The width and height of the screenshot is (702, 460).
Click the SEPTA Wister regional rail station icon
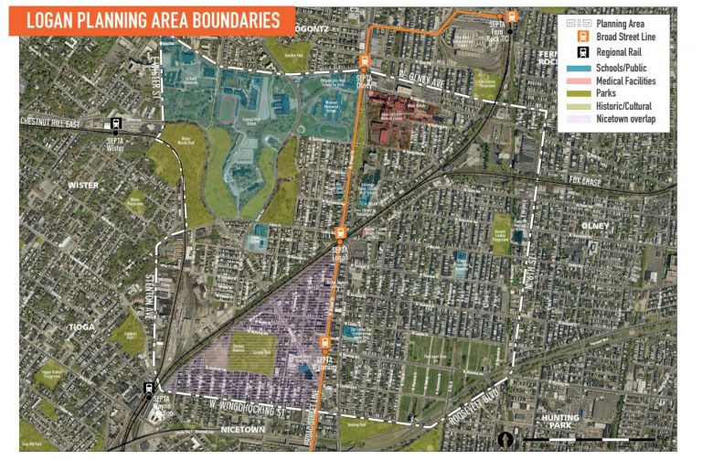[117, 123]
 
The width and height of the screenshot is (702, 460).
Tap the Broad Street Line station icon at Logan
[340, 232]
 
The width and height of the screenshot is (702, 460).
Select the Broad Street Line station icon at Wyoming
[323, 345]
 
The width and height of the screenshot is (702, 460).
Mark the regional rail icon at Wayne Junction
[148, 388]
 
